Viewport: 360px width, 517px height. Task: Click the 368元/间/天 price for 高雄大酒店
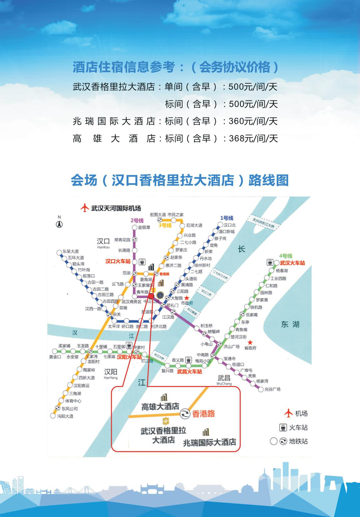click(x=253, y=139)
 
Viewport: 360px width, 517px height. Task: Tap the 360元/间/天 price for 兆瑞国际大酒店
click(x=253, y=121)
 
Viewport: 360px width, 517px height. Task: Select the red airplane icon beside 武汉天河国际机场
click(x=84, y=208)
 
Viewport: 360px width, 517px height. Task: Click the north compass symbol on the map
click(x=59, y=224)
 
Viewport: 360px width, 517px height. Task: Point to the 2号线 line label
click(x=137, y=220)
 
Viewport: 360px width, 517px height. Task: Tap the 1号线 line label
click(x=227, y=218)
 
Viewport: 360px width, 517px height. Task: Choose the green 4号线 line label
click(x=285, y=256)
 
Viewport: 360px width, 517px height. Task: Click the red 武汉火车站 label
click(x=292, y=263)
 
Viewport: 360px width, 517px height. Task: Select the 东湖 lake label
click(x=290, y=324)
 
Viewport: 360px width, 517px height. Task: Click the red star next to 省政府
click(x=250, y=342)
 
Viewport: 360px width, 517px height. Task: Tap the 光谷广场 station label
click(x=272, y=389)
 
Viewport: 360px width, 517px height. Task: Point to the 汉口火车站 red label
click(x=117, y=261)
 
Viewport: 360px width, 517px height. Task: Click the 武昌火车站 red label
click(x=189, y=372)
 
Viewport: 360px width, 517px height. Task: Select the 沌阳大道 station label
click(x=65, y=416)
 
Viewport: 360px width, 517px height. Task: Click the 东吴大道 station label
click(x=71, y=251)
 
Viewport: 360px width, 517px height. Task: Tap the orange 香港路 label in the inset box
click(x=203, y=413)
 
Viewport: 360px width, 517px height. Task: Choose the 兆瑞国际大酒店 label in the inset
click(x=209, y=442)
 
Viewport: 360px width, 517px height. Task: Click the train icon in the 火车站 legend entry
click(x=283, y=427)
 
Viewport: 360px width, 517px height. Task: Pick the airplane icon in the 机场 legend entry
click(x=288, y=413)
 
